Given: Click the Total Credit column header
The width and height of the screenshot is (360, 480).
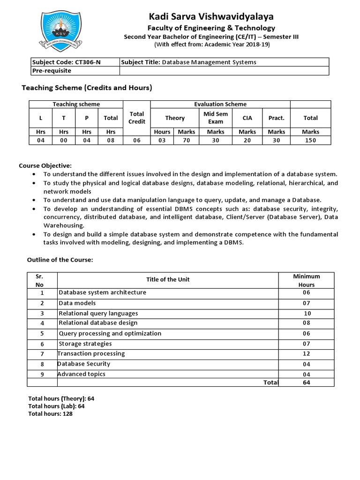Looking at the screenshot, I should [x=136, y=118].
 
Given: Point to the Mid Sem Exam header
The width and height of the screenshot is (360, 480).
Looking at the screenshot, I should [x=215, y=118].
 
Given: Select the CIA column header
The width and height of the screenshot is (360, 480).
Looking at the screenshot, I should [x=247, y=118].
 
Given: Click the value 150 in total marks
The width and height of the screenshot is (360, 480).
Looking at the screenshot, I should [x=310, y=140].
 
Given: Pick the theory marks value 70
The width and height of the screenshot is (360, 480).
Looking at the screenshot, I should [x=186, y=140].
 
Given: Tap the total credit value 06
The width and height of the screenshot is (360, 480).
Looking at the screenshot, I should [x=136, y=140].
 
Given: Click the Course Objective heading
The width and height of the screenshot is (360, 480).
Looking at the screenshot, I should [x=45, y=165].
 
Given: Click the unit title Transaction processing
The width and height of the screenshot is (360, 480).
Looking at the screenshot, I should [x=91, y=354].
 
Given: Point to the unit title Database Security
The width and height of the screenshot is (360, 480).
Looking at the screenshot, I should [x=84, y=364].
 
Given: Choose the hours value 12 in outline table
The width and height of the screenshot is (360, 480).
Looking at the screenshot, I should [x=306, y=354].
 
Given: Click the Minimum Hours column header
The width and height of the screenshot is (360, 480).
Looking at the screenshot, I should [x=306, y=280].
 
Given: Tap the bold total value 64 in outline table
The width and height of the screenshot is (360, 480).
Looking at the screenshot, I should [x=306, y=382].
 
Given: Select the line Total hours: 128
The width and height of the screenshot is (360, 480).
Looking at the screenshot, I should [x=51, y=414].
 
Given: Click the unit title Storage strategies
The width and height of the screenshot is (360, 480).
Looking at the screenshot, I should [x=85, y=344].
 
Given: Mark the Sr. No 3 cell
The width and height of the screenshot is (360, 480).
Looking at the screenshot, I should [x=42, y=313].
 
